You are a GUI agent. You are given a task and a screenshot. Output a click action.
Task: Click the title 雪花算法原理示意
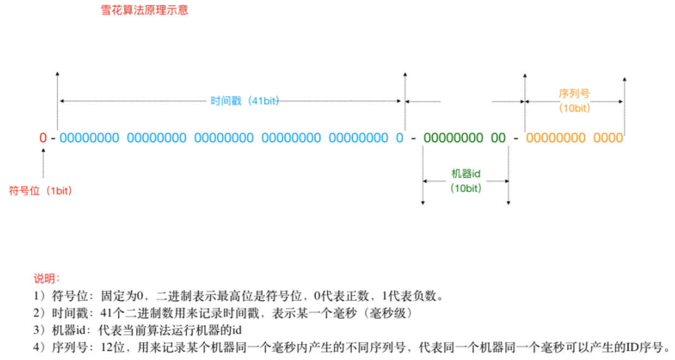(x=144, y=10)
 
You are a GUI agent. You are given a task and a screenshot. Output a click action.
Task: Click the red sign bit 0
(x=43, y=138)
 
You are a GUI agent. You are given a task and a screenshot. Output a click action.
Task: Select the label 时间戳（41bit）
(x=245, y=101)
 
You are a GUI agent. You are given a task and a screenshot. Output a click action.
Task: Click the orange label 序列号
(x=574, y=94)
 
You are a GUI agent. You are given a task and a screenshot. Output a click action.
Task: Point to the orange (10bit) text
(x=574, y=108)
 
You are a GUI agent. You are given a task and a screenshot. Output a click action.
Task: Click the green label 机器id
(x=465, y=173)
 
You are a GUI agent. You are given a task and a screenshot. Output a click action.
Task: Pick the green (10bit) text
(x=465, y=188)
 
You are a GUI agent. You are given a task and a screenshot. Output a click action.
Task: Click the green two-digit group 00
(x=498, y=138)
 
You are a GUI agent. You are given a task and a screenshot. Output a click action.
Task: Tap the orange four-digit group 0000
(x=608, y=138)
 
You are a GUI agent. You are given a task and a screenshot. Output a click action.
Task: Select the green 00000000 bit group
(x=453, y=138)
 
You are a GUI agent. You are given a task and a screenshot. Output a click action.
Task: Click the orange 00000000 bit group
(x=556, y=138)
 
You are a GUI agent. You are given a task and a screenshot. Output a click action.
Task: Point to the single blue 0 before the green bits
(x=400, y=138)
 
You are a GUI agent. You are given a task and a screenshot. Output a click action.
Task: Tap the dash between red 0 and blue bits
(x=53, y=138)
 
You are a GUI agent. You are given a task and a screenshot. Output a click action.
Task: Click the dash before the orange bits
(x=516, y=138)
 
